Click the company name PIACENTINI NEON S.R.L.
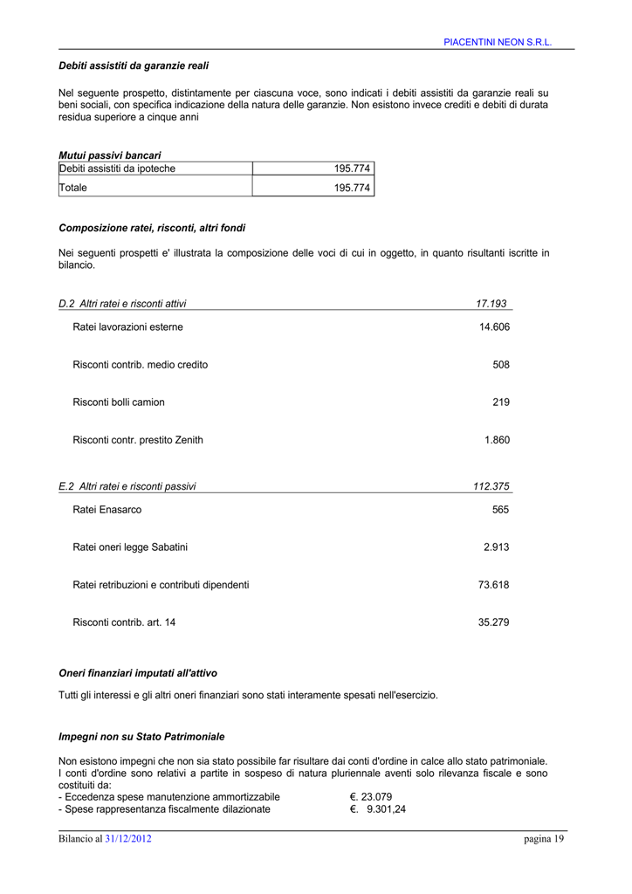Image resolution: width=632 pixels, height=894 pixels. click(498, 42)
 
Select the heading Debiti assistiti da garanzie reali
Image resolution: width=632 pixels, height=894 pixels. click(134, 65)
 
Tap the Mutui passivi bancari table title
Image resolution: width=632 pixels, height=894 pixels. click(110, 155)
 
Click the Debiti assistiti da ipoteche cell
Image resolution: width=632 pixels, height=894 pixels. click(117, 168)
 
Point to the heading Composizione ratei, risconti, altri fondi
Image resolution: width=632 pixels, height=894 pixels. click(152, 228)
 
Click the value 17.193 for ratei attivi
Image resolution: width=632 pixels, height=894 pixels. click(491, 304)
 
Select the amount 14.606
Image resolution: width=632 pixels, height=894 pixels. click(494, 327)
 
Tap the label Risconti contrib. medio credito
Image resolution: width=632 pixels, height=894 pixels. click(141, 365)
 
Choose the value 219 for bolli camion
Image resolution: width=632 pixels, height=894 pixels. click(500, 402)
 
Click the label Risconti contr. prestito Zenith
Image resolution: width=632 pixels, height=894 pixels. click(138, 440)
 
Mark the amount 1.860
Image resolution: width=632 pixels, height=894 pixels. click(497, 440)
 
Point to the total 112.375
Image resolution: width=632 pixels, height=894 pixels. click(491, 486)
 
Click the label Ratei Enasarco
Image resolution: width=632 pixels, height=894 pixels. click(107, 510)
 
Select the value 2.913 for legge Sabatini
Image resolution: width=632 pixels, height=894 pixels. click(496, 547)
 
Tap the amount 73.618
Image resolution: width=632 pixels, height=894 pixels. click(493, 585)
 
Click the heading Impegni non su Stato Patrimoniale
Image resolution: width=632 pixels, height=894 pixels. click(141, 736)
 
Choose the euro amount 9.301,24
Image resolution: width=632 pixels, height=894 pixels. click(384, 809)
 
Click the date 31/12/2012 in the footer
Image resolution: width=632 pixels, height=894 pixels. click(128, 839)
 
